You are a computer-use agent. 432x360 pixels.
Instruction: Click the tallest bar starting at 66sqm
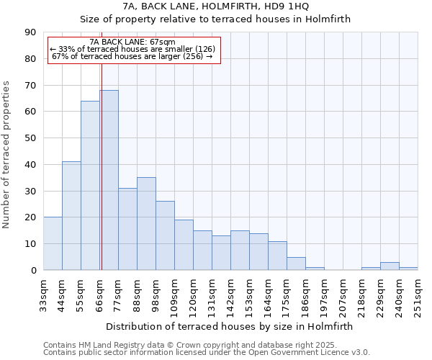tap(109, 180)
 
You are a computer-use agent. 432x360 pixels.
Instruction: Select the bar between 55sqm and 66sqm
tap(90, 185)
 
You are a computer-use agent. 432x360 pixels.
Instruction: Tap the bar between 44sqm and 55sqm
tap(71, 216)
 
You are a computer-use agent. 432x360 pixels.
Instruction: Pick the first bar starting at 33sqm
tap(53, 243)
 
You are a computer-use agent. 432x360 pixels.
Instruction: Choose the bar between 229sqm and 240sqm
tap(390, 266)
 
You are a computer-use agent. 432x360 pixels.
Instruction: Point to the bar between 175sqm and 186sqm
tap(296, 264)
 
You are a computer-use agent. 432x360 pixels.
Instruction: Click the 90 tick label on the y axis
tap(30, 32)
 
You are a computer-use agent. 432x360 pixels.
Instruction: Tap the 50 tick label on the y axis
tap(30, 138)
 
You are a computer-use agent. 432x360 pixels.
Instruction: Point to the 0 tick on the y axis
tap(33, 271)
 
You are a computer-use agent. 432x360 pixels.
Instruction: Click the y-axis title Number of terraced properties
tap(7, 154)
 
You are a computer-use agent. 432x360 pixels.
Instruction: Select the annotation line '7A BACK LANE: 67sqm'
tap(133, 42)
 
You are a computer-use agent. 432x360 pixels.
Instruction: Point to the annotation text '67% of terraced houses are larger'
tap(133, 56)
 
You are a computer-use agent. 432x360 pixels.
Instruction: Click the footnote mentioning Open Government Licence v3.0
tap(207, 352)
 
